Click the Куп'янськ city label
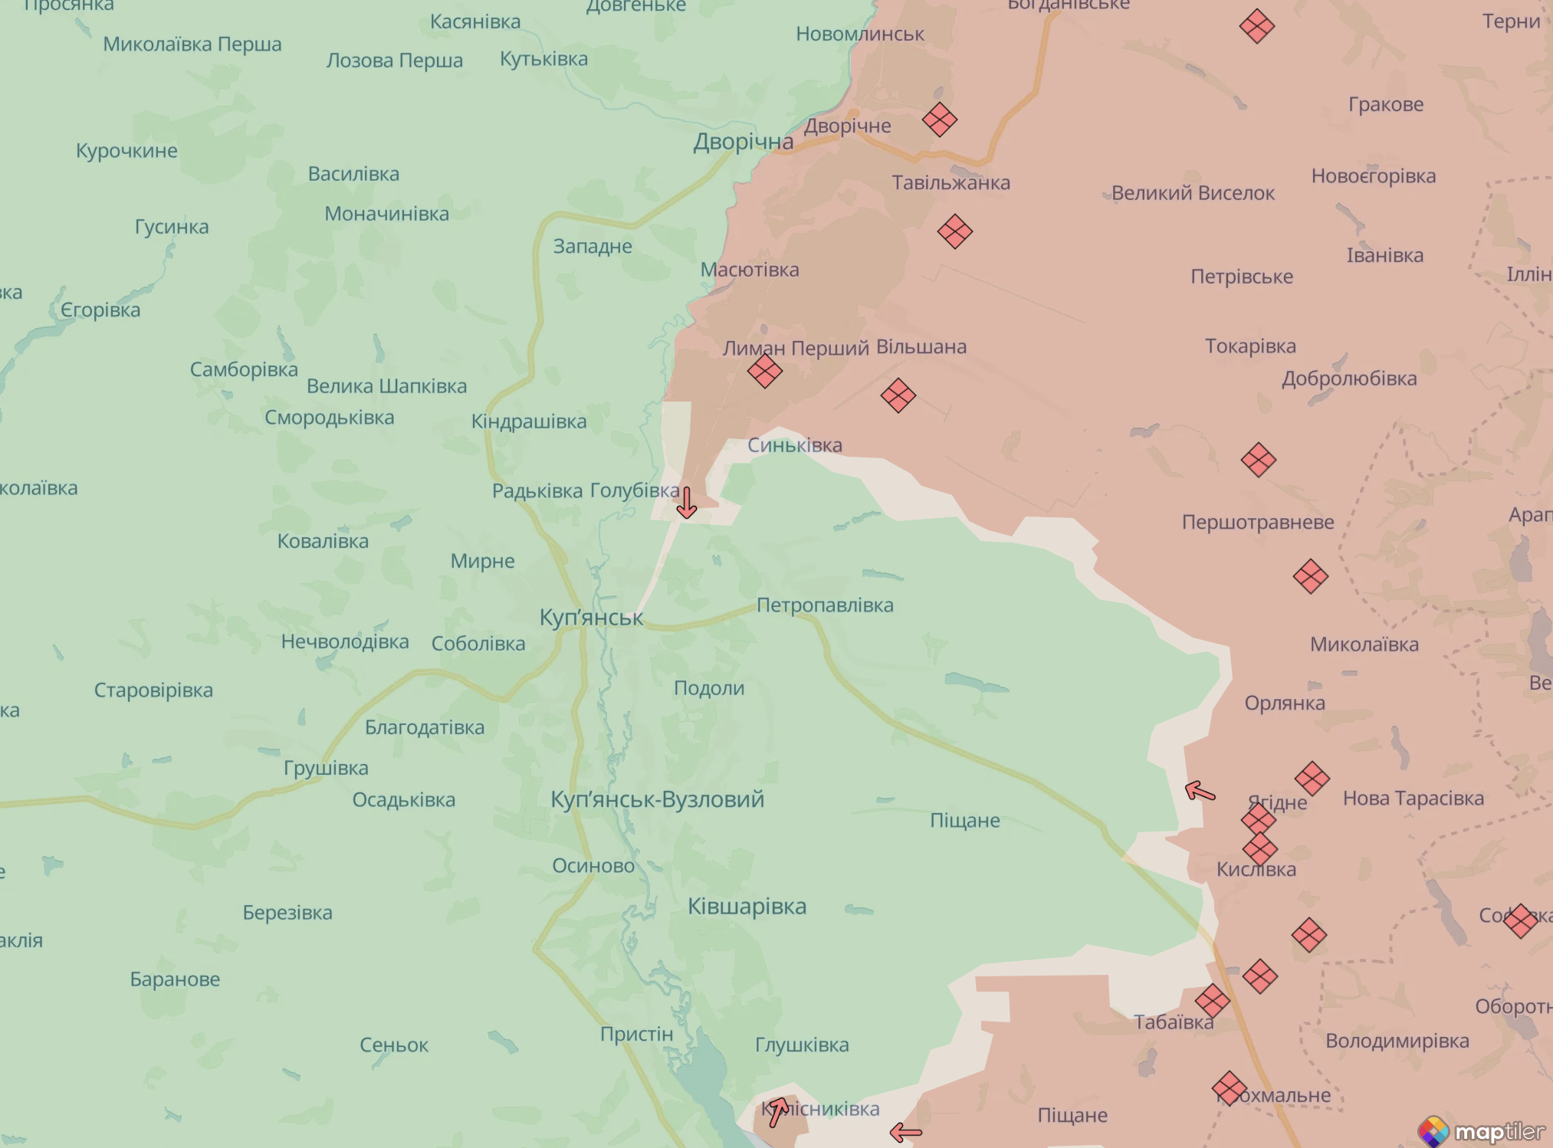[591, 618]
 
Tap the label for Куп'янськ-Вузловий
[657, 799]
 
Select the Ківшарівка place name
[747, 907]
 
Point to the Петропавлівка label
[825, 605]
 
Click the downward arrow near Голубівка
[687, 503]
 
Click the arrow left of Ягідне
[1200, 791]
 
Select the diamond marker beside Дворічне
[939, 120]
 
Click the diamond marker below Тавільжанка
[954, 231]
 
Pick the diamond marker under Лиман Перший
[764, 372]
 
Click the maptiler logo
[1480, 1131]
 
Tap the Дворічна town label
[743, 142]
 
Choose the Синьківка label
[794, 445]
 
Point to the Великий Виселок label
[1192, 193]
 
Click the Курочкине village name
[126, 151]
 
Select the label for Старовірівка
[153, 690]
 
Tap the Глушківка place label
[802, 1045]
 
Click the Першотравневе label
[1257, 523]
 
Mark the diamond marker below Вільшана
[898, 395]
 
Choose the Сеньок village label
[394, 1045]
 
